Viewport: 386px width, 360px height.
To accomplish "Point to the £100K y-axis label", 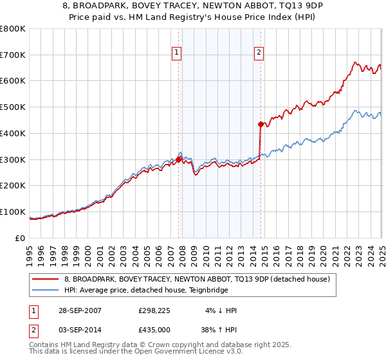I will (x=13, y=212).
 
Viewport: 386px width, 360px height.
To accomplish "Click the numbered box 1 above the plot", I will (x=176, y=53).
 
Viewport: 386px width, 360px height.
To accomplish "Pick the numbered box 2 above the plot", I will (x=259, y=53).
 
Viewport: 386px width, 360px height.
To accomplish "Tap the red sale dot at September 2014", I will (x=261, y=124).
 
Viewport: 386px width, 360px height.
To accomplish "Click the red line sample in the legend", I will (x=45, y=279).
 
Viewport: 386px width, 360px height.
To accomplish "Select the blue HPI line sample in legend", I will (x=45, y=290).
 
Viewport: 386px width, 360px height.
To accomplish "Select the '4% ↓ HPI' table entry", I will (x=221, y=310).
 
